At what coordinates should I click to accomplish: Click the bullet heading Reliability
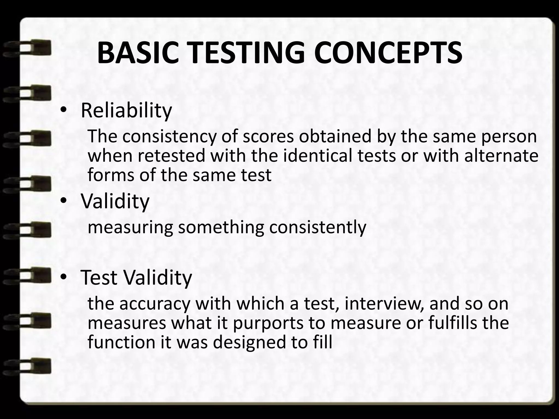point(126,111)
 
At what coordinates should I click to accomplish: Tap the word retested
point(171,155)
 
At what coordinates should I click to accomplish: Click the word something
point(221,227)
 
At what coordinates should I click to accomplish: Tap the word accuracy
point(154,304)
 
